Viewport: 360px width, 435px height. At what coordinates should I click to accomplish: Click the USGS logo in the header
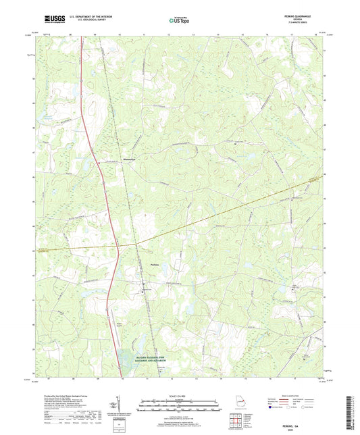coord(49,20)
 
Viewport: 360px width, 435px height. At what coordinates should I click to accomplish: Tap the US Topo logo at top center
coord(179,21)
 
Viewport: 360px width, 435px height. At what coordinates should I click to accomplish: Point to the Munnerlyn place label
coord(130,160)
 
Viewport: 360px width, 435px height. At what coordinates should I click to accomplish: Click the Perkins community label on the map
coord(154,264)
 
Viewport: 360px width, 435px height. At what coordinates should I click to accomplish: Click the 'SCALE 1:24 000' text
coord(179,395)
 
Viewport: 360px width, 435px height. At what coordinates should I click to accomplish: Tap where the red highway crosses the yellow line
coord(115,245)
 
